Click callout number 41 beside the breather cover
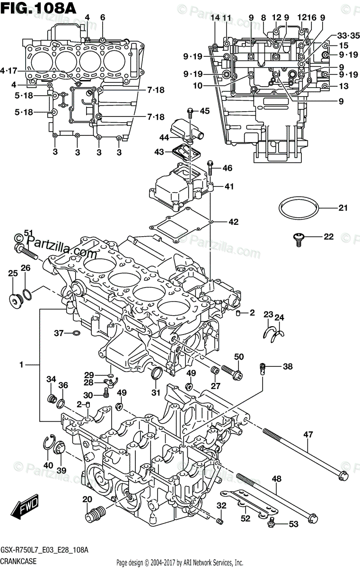click(229, 186)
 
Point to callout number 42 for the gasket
click(233, 222)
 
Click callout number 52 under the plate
click(245, 519)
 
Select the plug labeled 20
click(93, 513)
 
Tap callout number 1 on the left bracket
click(22, 365)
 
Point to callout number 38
click(288, 366)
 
